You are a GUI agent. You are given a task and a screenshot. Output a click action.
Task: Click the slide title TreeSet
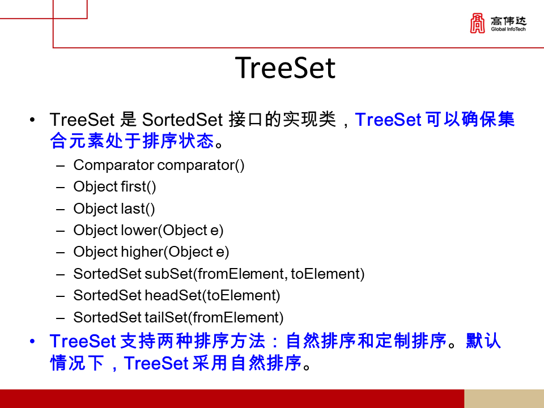pos(285,68)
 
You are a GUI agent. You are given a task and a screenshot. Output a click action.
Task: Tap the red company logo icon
pos(478,23)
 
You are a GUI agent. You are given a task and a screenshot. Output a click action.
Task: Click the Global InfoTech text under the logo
pos(508,29)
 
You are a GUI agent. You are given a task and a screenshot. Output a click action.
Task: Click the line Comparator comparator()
pos(159,165)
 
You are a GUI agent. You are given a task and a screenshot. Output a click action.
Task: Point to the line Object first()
pos(114,187)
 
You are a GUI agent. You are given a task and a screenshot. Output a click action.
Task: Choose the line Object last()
pos(114,209)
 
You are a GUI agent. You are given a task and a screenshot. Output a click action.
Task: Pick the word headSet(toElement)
pos(212,295)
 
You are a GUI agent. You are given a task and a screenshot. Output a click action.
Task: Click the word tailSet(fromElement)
pos(214,317)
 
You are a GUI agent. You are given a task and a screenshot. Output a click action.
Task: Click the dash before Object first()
pos(61,187)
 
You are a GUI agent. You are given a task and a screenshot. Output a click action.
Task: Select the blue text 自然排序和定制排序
pos(366,341)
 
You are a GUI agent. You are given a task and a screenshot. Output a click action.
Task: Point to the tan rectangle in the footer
pos(504,398)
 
